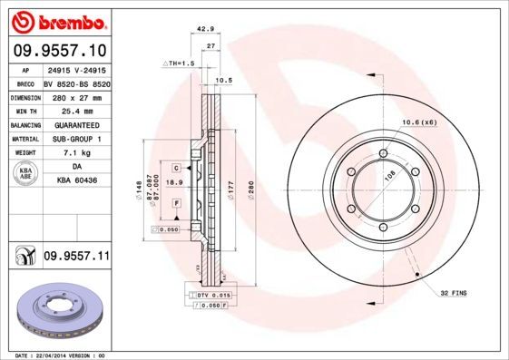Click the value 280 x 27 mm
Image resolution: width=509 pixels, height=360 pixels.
[76, 95]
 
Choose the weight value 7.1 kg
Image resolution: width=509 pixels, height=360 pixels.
[76, 152]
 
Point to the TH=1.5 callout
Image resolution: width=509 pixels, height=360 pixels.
[181, 63]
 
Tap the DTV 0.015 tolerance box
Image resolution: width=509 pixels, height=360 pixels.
[215, 296]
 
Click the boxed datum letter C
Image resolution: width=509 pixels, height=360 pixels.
[175, 167]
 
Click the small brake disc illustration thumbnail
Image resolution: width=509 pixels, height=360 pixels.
[58, 312]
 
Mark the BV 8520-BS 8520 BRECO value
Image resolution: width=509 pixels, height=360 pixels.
[76, 82]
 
